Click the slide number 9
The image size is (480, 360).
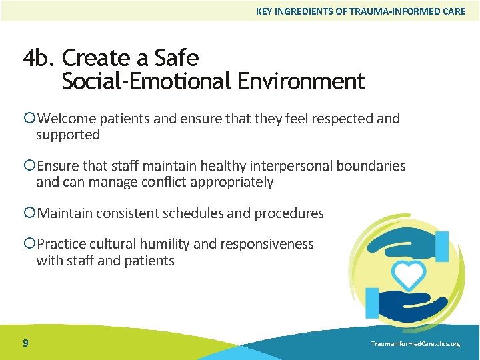point(25,343)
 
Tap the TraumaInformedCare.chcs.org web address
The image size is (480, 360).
point(415,343)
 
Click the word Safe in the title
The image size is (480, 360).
point(177,59)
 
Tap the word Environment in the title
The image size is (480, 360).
point(299,82)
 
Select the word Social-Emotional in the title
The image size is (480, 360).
point(145,82)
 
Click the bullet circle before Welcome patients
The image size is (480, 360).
point(29,119)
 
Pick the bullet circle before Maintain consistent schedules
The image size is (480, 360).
point(29,213)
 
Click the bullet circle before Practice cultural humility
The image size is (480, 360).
point(29,244)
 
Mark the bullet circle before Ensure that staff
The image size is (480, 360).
point(29,166)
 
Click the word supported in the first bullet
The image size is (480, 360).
point(68,135)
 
